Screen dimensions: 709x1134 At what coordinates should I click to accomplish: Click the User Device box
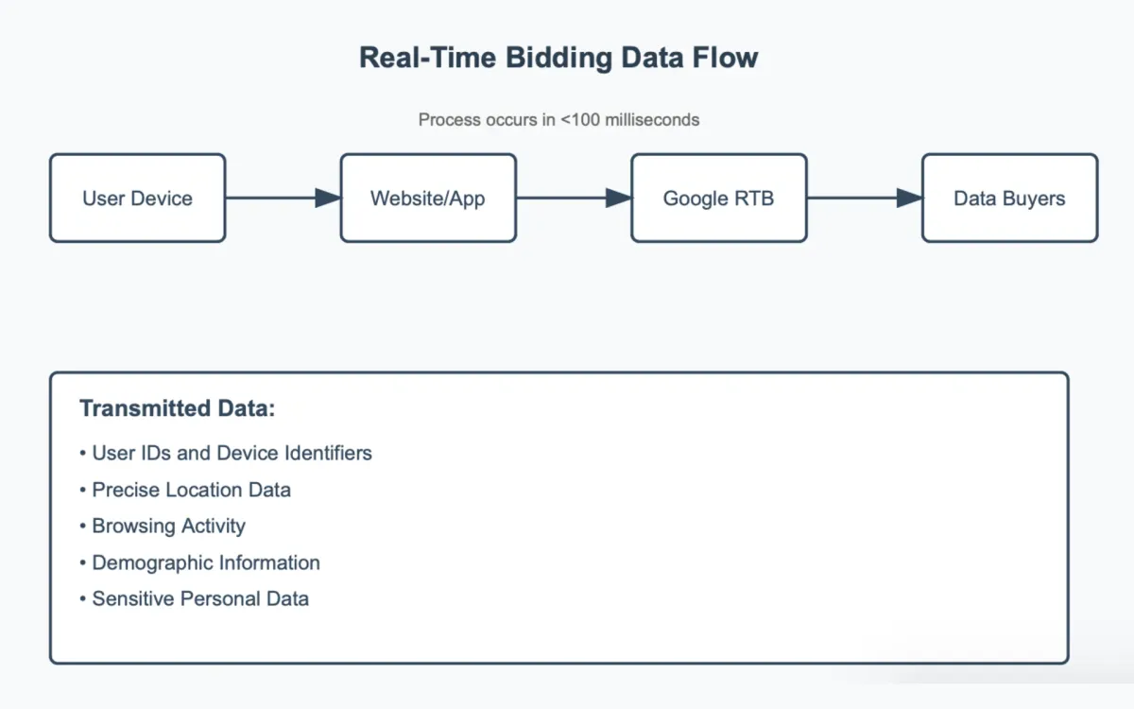tap(137, 199)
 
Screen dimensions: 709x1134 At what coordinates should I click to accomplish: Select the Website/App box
tap(428, 199)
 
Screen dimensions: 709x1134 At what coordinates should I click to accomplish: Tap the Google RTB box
tap(718, 199)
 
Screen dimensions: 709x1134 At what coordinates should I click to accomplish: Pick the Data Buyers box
tap(1009, 199)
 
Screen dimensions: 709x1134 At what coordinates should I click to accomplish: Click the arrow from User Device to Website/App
tap(283, 198)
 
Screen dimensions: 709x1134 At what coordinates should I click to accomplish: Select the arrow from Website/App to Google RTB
tap(574, 198)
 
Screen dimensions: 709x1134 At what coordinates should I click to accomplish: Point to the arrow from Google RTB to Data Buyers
tap(865, 198)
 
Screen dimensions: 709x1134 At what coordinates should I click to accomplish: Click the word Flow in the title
tap(727, 58)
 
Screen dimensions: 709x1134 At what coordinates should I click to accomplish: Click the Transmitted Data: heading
tap(177, 408)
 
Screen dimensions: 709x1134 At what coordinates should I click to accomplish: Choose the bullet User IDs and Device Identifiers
tap(232, 453)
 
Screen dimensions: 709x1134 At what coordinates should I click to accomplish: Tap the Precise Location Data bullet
tap(191, 490)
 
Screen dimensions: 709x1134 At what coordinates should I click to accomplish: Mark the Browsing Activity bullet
tap(168, 526)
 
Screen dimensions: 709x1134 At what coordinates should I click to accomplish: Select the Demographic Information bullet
tap(205, 562)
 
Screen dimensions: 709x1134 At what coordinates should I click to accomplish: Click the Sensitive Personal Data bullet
tap(199, 598)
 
